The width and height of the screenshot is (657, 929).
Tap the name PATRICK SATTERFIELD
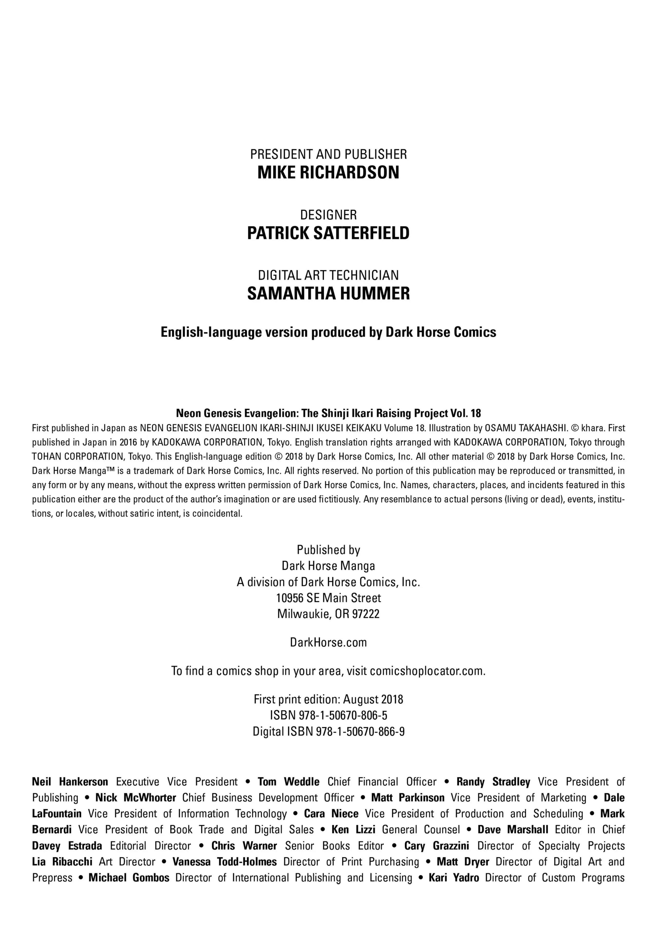pos(328,233)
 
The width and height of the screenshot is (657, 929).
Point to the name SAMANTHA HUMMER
pos(328,294)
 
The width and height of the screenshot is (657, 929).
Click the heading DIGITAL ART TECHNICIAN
pos(328,275)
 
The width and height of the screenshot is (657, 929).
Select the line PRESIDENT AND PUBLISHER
pos(328,154)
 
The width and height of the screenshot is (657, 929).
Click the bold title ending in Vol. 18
pos(328,413)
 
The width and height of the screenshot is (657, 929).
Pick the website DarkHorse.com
pos(328,643)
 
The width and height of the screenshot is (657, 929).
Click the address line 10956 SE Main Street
pos(328,598)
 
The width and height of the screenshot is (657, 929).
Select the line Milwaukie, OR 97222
pos(328,614)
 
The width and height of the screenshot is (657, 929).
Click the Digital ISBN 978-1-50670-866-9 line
pos(328,732)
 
